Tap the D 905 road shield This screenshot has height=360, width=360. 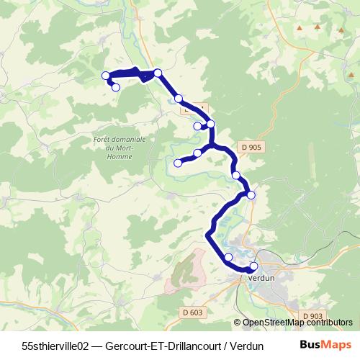tap(252, 147)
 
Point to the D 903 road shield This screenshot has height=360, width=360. tap(312, 316)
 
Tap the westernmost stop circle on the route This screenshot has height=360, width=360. tap(106, 76)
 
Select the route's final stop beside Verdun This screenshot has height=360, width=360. tap(253, 266)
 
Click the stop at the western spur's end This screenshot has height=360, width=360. tap(178, 163)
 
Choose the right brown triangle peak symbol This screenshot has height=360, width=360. tap(317, 27)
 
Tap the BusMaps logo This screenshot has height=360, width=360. tap(326, 344)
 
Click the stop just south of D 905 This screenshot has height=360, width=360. tap(235, 175)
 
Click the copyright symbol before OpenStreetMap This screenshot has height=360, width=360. tap(238, 323)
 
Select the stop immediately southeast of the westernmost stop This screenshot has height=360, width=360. tap(116, 87)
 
